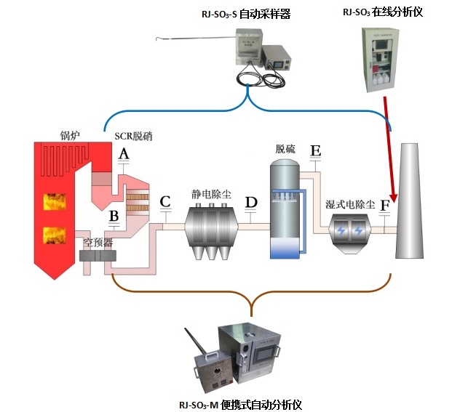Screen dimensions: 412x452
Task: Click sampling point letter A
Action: click(x=124, y=154)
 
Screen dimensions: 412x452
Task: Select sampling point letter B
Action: click(x=114, y=216)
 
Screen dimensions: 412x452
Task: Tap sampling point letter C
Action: click(x=165, y=201)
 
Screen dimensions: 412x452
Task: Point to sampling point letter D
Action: click(x=251, y=201)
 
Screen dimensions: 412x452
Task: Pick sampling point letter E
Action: click(x=315, y=151)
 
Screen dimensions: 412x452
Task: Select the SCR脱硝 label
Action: click(x=134, y=136)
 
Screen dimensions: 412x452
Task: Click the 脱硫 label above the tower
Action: click(x=285, y=148)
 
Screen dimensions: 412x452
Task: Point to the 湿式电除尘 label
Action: click(x=350, y=205)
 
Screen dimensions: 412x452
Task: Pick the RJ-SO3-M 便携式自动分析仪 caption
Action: click(x=240, y=403)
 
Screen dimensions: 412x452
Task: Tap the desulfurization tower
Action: click(x=285, y=207)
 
